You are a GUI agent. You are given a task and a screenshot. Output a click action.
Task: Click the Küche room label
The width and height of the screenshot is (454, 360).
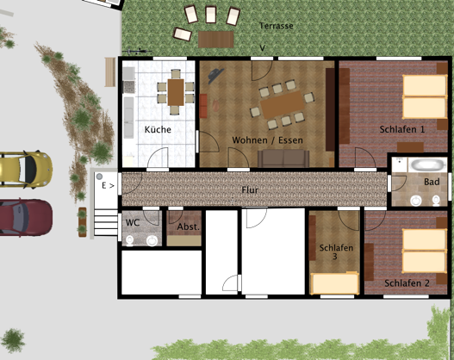coord(158,129)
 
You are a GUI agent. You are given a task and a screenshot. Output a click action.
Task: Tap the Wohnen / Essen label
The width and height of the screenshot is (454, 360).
coord(268,140)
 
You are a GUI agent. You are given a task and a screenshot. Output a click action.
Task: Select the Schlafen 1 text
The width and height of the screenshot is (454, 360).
coord(402,129)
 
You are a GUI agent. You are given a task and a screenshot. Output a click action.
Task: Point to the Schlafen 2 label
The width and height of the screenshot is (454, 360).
coord(407,283)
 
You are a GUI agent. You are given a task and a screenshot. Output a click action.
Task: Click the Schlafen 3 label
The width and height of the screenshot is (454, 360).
coord(336,251)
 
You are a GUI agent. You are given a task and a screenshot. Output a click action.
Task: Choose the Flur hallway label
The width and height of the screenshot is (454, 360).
coord(250,190)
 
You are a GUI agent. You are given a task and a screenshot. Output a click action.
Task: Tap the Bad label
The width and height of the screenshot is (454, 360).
coord(432,182)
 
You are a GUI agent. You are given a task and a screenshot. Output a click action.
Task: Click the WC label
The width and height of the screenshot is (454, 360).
coord(133,222)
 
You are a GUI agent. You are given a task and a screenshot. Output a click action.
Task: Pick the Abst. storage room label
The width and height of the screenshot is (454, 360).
coord(189,227)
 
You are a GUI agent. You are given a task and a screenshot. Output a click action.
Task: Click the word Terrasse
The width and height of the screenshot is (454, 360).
coord(277,26)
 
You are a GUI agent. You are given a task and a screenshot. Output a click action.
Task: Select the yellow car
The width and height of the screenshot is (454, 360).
coord(26,170)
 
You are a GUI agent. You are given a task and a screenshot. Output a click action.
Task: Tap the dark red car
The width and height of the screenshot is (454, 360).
coord(26,217)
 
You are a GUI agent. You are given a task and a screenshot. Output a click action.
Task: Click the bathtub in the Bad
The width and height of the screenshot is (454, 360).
coord(428,165)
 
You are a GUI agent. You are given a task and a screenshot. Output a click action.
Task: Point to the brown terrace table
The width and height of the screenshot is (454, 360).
coord(216,40)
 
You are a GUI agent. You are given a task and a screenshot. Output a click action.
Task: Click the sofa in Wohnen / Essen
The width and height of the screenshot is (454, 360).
coord(283,158)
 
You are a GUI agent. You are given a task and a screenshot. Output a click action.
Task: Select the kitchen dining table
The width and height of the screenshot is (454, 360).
coord(176,92)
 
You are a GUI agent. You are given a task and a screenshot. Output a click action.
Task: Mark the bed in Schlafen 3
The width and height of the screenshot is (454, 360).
coord(334,283)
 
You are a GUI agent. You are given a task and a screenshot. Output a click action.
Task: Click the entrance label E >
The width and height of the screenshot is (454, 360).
coord(108,185)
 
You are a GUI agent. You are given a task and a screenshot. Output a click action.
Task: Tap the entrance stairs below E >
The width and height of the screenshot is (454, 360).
coord(106,223)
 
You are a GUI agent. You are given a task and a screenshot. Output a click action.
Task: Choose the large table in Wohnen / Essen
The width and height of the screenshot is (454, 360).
coord(283,105)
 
